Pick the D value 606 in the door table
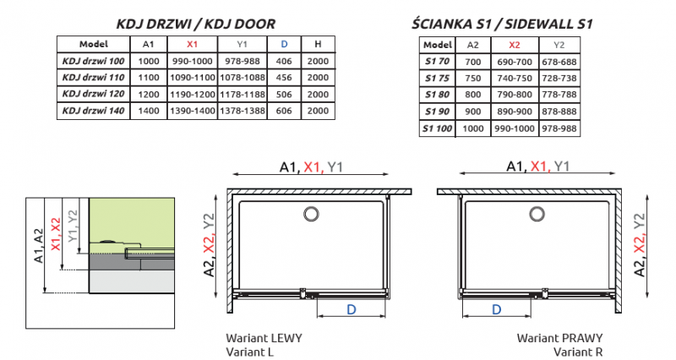283,111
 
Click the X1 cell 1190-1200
192,94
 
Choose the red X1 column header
192,44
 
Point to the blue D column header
283,44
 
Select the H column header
317,44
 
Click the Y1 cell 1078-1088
241,77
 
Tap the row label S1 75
438,79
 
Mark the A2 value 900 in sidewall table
474,111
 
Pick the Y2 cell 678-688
559,62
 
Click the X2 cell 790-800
515,95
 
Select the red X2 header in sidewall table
515,44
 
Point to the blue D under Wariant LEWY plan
351,310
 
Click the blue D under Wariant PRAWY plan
494,310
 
